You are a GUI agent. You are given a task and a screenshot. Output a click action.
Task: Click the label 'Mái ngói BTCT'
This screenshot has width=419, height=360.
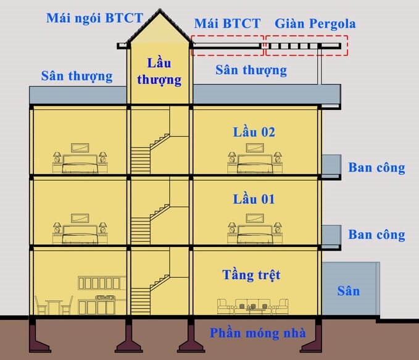93,17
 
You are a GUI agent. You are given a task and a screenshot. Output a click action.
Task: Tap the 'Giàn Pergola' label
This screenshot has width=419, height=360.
315,24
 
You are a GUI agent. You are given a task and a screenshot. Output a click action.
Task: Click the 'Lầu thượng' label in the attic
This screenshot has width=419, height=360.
159,71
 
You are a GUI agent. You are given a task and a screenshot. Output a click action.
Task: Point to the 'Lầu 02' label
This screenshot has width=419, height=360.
254,132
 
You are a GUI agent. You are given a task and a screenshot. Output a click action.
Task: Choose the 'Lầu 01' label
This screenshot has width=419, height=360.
254,199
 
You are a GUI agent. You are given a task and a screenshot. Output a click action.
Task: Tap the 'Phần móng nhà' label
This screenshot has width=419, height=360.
257,333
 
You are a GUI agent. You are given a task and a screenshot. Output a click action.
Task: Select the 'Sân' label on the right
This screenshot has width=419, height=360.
348,291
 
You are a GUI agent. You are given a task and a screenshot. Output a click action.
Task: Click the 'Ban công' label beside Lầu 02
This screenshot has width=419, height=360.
376,167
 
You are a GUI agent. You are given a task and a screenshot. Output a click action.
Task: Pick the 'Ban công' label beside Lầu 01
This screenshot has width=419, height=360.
376,235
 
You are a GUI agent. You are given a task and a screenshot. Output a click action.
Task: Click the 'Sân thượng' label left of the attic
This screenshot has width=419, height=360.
77,76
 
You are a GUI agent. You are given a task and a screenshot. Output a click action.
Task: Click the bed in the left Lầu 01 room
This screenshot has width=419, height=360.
79,232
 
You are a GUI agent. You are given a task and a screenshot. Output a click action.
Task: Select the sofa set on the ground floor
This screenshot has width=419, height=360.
253,304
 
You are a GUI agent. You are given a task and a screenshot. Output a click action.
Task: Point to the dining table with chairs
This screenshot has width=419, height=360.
54,306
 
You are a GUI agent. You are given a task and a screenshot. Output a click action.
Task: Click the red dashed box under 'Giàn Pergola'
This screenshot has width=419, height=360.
306,46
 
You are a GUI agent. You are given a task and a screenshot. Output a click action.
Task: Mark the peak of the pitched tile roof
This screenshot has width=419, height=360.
159,12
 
